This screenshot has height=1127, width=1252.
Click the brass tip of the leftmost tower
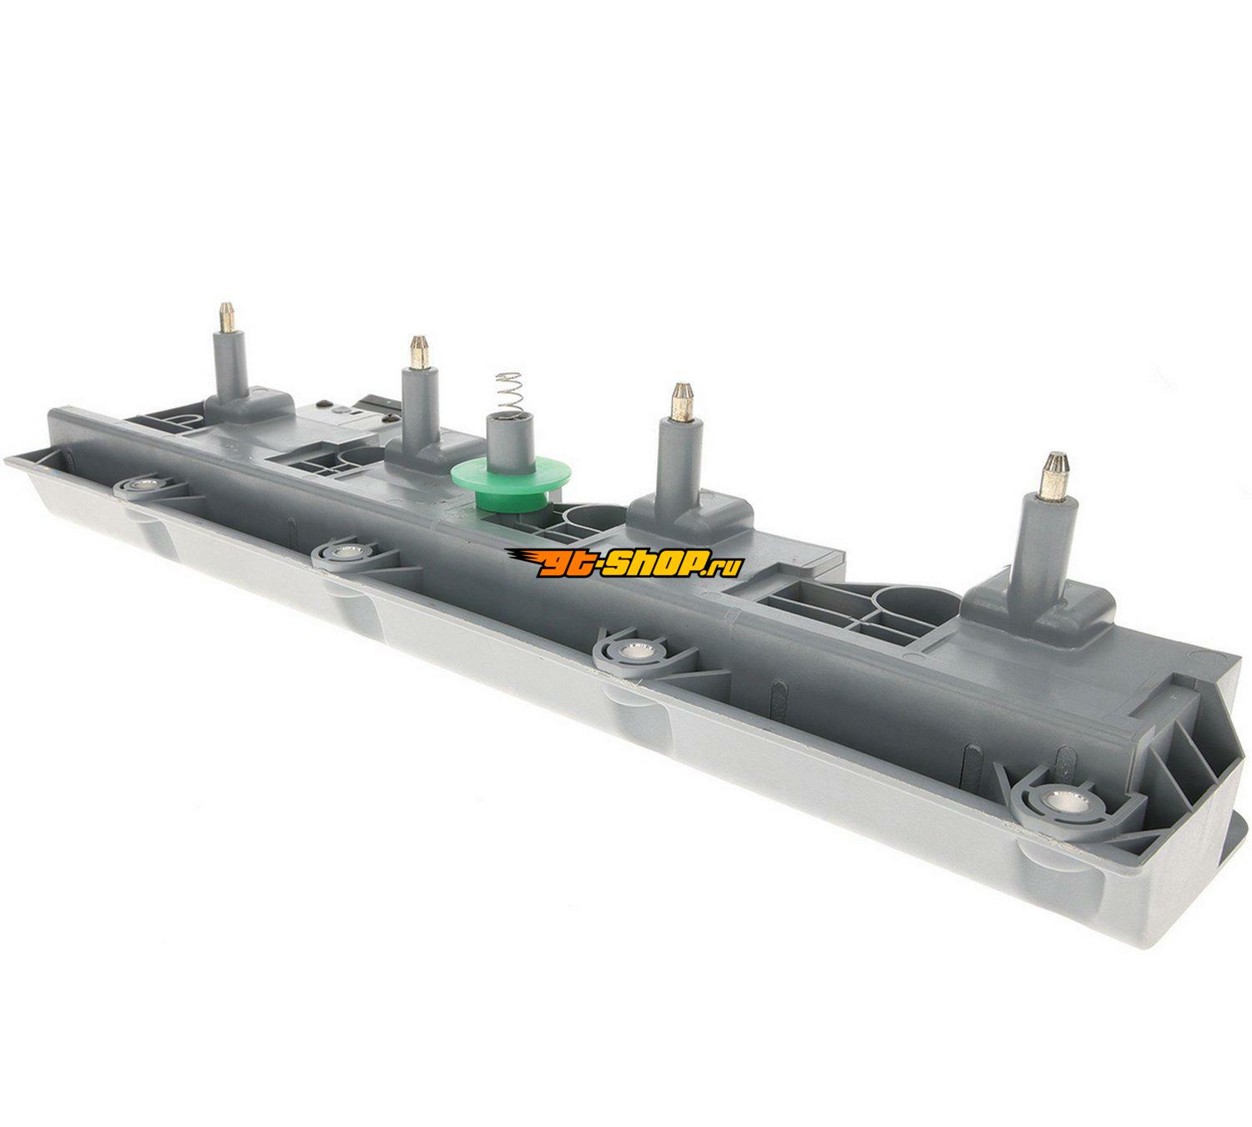coord(226,318)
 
